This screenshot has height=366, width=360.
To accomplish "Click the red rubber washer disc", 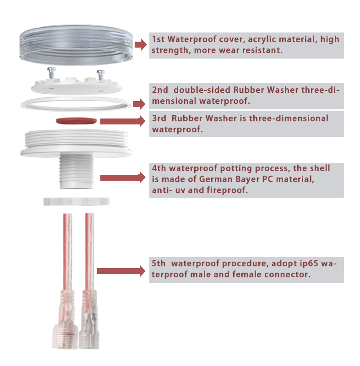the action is [76, 121].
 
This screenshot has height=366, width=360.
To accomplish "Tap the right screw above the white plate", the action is [101, 75].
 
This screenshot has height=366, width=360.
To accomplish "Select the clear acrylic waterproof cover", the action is [76, 45].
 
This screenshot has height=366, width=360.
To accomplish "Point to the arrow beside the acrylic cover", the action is [141, 44].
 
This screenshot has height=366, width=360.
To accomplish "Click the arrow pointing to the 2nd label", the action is [140, 104].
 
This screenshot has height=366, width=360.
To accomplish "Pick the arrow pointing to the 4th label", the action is [123, 178].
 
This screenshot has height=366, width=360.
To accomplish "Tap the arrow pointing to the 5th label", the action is [121, 271].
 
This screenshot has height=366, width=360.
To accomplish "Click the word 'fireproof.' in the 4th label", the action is [227, 190].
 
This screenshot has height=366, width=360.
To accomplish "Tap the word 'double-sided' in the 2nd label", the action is [202, 90].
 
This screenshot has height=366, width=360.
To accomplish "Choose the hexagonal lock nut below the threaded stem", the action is [76, 201].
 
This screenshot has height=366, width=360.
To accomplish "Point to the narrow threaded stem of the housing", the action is [76, 171].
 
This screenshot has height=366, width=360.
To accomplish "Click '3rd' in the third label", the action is [159, 118].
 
